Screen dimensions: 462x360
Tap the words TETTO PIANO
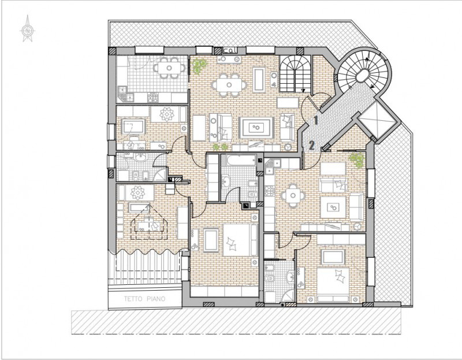point(145,299)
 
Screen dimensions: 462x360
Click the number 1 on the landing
point(315,120)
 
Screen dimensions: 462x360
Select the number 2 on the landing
point(312,145)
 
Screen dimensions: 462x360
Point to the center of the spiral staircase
point(362,76)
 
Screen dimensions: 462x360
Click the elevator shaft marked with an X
point(376,119)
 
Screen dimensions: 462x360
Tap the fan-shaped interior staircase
point(295,74)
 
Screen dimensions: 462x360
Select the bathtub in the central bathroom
point(241,160)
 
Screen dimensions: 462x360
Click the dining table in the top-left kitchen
point(169,68)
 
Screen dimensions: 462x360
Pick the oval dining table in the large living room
point(229,85)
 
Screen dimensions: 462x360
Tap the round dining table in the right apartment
point(293,195)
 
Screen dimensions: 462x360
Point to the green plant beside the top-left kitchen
point(199,65)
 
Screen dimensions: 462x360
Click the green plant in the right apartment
point(357,160)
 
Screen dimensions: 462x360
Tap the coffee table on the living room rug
point(256,127)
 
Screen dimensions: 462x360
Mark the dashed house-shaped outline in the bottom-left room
point(149,222)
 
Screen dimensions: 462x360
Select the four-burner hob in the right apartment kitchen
point(269,192)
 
